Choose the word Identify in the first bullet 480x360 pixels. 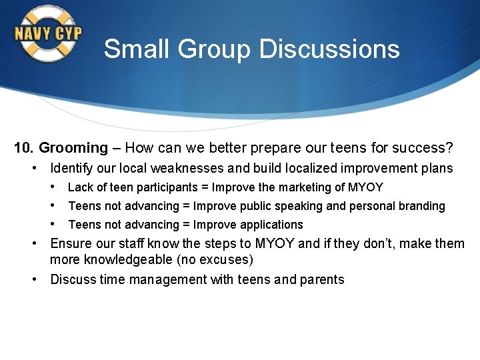pyautogui.click(x=73, y=169)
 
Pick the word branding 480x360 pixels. pyautogui.click(x=421, y=206)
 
